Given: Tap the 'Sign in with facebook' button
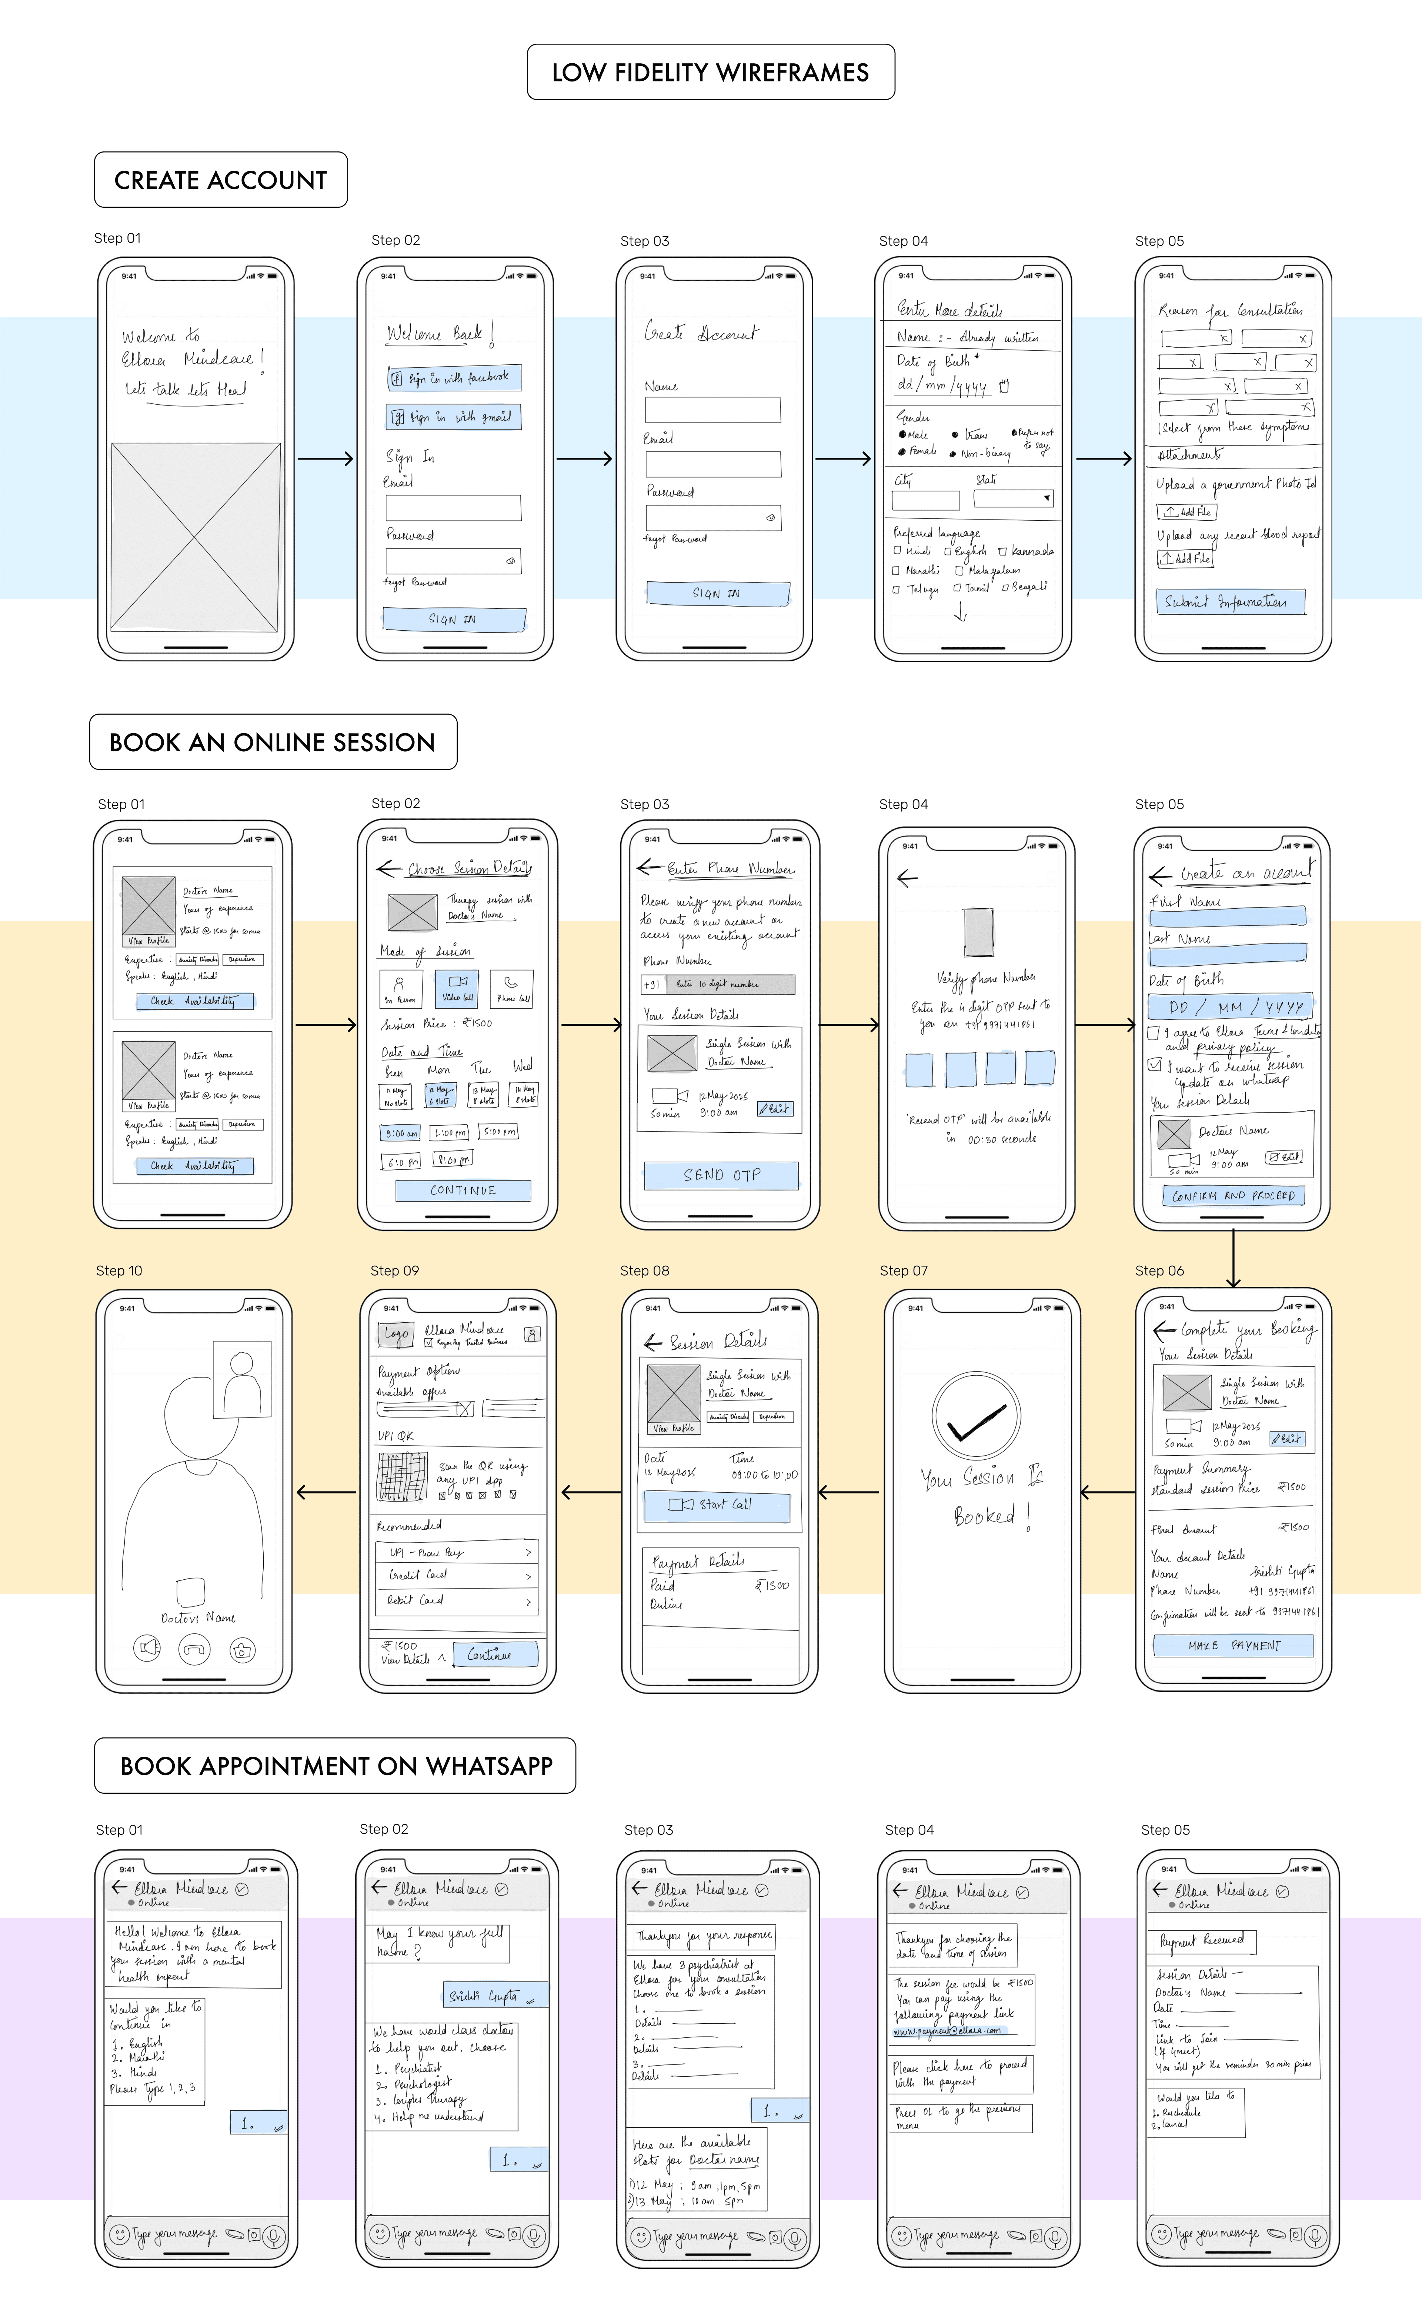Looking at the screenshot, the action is [454, 378].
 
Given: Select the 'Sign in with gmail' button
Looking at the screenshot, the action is [454, 417].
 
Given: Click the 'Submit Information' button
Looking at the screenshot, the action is [1231, 602].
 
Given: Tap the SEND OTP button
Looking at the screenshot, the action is [721, 1175].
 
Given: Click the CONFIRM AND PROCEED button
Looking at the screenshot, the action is [1234, 1196].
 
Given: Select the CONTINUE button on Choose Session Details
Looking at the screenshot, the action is [463, 1190].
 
